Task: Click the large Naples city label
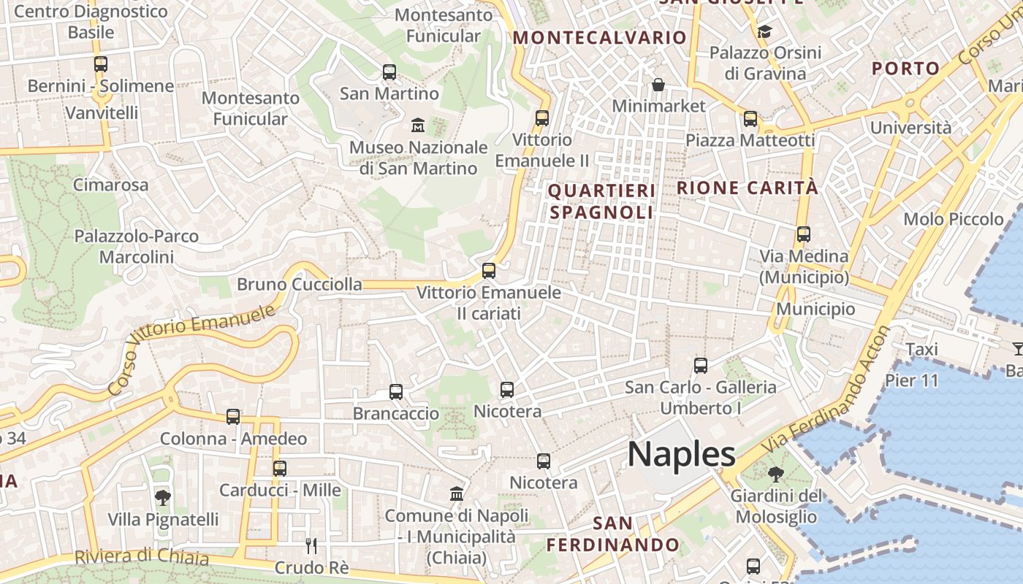click(681, 454)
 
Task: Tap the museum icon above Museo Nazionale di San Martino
click(418, 125)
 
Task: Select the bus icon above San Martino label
click(389, 72)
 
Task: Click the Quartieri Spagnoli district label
click(601, 201)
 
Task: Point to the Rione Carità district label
click(747, 188)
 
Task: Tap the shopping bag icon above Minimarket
click(658, 85)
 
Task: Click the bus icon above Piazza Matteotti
click(750, 119)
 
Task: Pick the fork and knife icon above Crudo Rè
click(311, 545)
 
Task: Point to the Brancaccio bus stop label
click(396, 413)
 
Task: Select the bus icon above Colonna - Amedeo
click(233, 417)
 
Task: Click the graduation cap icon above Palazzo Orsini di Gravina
click(765, 31)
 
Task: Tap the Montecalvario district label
click(600, 37)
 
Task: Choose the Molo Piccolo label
click(954, 219)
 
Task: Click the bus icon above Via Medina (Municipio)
click(804, 234)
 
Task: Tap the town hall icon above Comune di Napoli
click(457, 493)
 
